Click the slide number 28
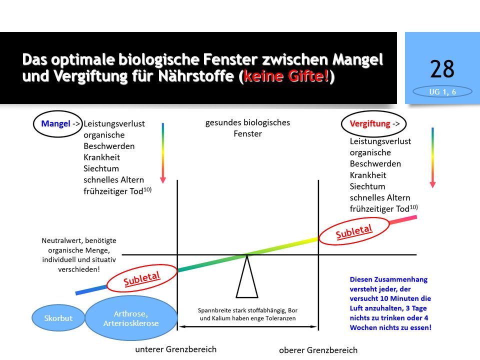[442, 69]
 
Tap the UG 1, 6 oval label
[442, 91]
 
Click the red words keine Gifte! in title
[286, 76]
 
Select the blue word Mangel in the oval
[55, 123]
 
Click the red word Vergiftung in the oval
[370, 123]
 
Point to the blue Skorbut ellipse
[58, 318]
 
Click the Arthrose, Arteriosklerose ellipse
[131, 318]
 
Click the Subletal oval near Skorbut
[141, 278]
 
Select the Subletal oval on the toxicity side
[354, 231]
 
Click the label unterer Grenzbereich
[175, 349]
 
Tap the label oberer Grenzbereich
[318, 350]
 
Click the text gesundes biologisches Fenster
[247, 128]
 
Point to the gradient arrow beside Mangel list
[163, 153]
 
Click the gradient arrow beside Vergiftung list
[432, 157]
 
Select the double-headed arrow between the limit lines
[247, 326]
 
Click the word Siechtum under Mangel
[101, 168]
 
